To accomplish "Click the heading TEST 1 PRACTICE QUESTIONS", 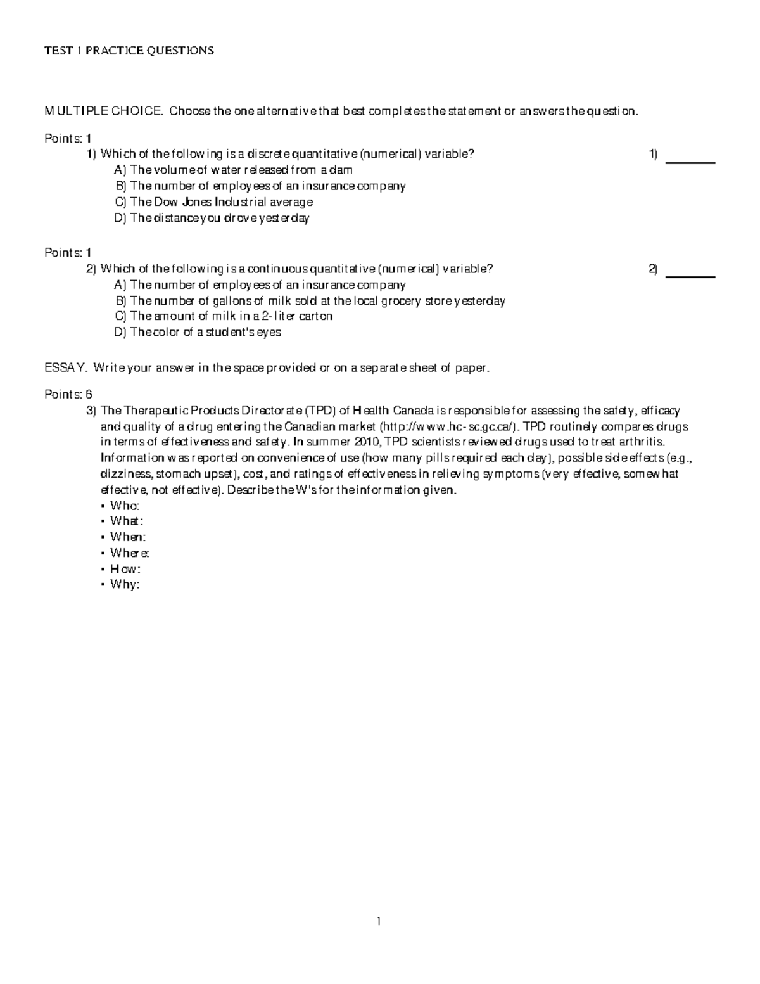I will (129, 51).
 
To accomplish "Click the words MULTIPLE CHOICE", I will (102, 112).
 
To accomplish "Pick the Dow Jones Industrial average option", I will (213, 202).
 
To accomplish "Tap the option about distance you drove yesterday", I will (212, 219).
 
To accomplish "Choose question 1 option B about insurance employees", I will (260, 186).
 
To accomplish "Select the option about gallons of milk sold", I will (310, 301).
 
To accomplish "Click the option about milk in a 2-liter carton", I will (224, 316).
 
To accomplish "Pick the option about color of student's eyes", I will (198, 333).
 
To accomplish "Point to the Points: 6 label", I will (68, 394).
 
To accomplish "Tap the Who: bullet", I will (124, 506).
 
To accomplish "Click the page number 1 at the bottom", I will (379, 922).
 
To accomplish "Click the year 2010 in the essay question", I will (370, 442).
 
